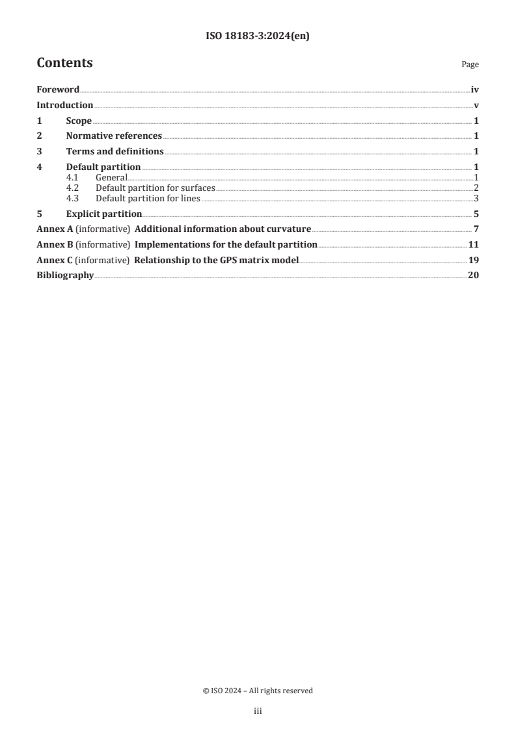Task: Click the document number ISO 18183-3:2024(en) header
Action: tap(258, 36)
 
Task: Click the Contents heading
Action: tap(64, 63)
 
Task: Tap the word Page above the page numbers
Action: tap(470, 64)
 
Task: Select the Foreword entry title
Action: tap(58, 90)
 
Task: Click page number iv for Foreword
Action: tap(475, 90)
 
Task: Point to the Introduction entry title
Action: tap(64, 106)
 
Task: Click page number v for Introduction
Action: tap(476, 106)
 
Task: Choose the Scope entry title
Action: tap(79, 121)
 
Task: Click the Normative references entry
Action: tap(114, 136)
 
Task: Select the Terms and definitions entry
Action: tap(115, 152)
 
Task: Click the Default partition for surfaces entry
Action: tap(155, 188)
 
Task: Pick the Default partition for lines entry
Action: tap(148, 198)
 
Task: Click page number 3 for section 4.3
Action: tap(476, 198)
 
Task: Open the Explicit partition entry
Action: tap(103, 213)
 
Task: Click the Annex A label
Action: tap(54, 229)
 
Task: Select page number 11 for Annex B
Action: tap(474, 244)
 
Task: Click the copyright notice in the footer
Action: tap(258, 691)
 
